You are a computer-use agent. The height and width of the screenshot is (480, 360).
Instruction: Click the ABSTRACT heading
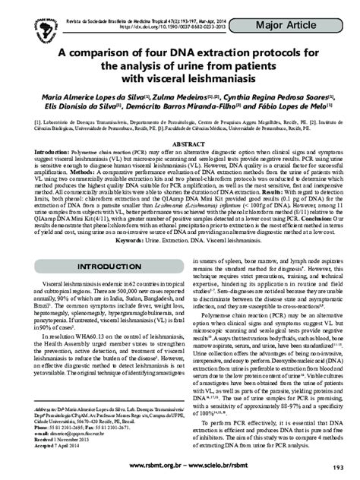coord(180,144)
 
